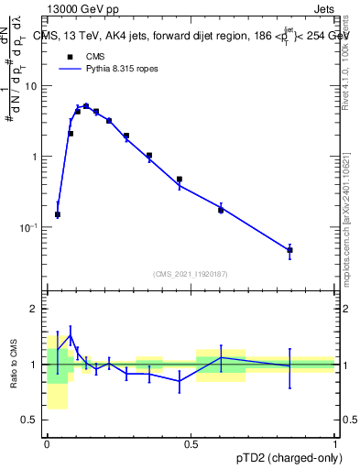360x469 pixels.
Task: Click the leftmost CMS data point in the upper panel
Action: tap(58, 214)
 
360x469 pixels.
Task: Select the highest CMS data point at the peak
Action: tap(86, 106)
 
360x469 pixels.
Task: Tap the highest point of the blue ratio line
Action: tap(71, 336)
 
